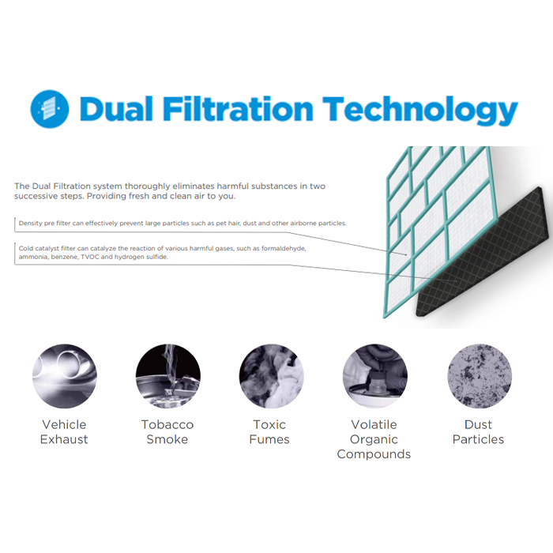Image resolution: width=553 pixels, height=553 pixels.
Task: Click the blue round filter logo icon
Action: point(50,109)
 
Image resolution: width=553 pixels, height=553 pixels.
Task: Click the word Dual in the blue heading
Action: point(116,109)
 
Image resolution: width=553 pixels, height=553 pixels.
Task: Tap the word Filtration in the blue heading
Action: point(238,109)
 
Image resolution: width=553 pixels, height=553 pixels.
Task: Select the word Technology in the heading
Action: point(420,111)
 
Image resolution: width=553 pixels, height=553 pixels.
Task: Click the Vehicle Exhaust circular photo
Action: point(65,376)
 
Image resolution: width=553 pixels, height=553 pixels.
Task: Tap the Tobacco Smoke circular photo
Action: point(168,376)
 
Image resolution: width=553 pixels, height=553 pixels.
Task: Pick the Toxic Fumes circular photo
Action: point(272,376)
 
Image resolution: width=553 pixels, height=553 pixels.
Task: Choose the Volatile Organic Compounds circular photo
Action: point(375,376)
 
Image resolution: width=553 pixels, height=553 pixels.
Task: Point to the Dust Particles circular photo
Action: point(480,376)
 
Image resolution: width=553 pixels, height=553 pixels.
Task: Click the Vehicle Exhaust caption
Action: point(64,431)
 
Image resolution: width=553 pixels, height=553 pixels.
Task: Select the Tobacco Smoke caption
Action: point(167,431)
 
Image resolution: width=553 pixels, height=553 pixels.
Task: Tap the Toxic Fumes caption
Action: point(269,431)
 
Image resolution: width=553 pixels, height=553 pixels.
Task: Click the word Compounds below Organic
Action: point(374,454)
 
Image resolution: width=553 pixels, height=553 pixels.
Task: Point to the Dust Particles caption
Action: point(478,431)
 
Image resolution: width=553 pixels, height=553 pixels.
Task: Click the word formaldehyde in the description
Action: point(284,248)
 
